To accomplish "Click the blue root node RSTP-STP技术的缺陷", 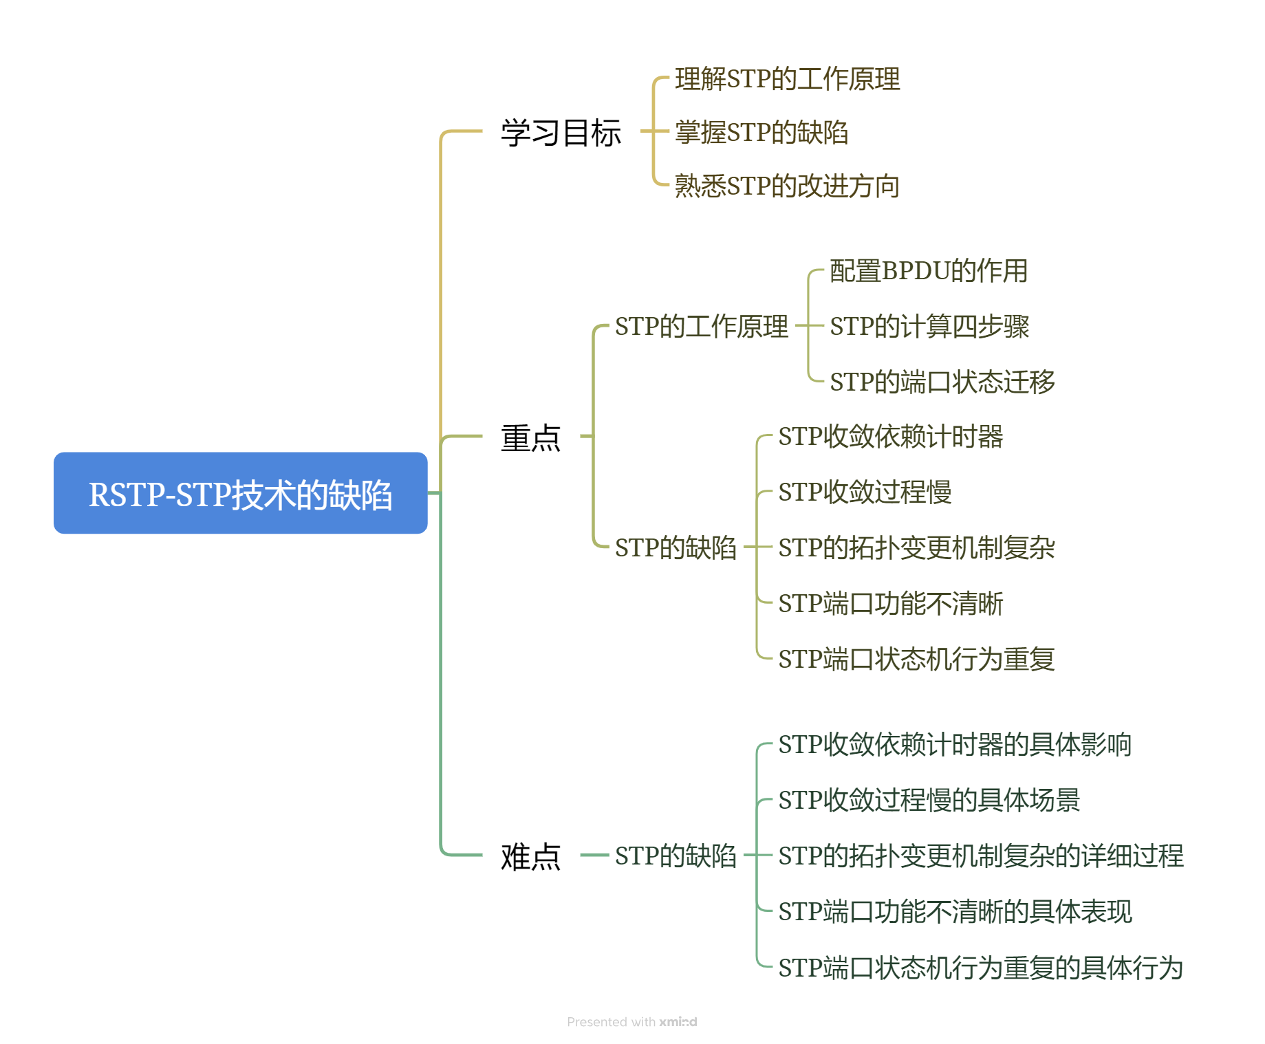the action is pos(240,493).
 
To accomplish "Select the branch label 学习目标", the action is pos(561,132).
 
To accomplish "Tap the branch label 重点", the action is pos(530,437).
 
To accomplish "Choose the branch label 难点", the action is pos(530,856).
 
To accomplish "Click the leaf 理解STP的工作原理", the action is pos(787,79).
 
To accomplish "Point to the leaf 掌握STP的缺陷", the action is pos(761,132).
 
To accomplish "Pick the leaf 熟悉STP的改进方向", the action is pos(787,186).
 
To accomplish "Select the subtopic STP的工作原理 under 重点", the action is pos(701,326).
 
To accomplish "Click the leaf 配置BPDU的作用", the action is pos(928,271).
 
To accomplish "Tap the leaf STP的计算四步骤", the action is pos(929,326).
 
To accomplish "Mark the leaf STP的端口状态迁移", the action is pos(942,382).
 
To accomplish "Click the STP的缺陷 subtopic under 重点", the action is pos(675,548).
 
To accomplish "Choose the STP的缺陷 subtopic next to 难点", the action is pos(675,856).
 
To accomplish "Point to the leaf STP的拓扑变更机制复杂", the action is pos(916,548).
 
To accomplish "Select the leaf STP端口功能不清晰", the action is pos(890,604).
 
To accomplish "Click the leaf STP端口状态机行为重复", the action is pos(916,659).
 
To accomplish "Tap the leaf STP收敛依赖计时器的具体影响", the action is pos(955,745).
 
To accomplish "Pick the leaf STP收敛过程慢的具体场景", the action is pos(929,801).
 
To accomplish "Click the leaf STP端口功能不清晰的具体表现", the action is pos(955,912).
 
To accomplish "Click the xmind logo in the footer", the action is pos(678,1022).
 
